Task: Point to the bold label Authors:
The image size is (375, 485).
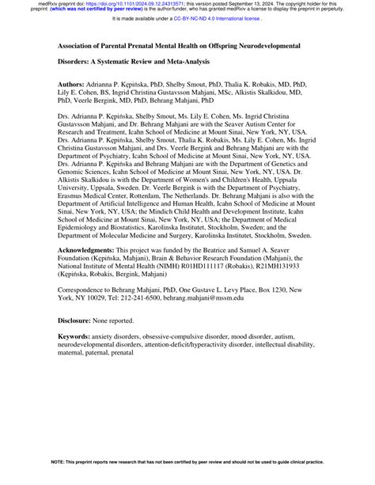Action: click(x=74, y=83)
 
